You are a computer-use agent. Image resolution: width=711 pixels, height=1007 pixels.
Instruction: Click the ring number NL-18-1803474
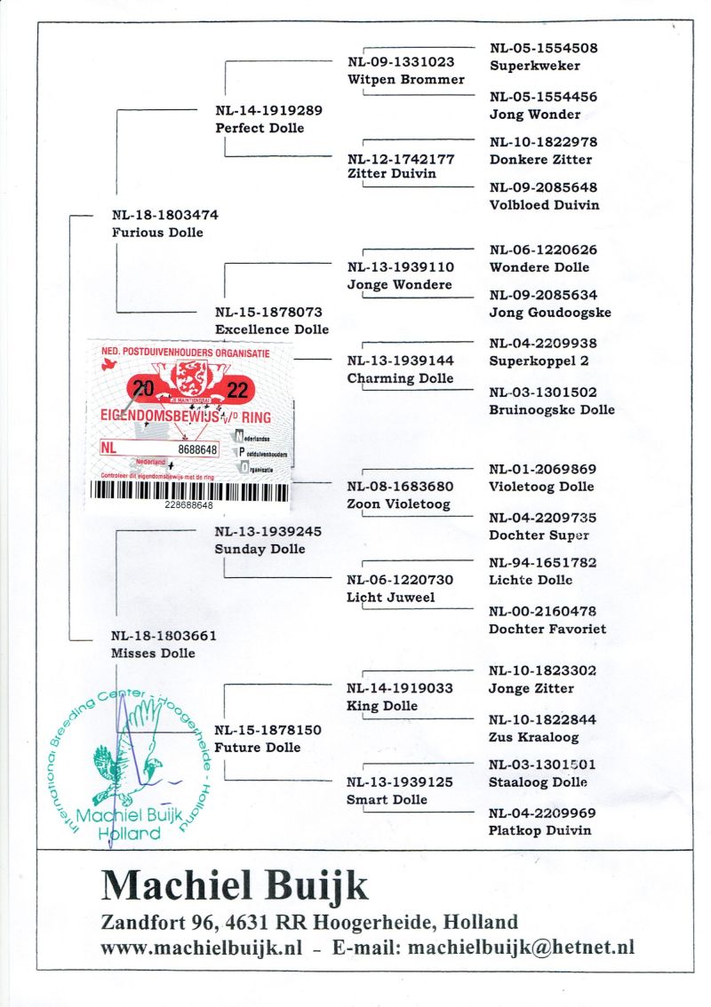(165, 215)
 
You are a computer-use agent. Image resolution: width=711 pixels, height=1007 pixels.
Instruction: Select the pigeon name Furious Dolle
(157, 233)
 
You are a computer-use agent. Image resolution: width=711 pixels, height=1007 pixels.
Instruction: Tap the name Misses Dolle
(153, 654)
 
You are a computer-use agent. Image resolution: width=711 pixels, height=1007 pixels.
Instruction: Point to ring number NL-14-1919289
(268, 111)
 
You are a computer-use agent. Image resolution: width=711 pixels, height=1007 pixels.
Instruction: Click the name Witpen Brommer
(405, 80)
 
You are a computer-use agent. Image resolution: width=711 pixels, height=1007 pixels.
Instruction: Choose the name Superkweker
(534, 66)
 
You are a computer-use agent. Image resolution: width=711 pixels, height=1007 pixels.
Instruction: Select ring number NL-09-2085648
(543, 187)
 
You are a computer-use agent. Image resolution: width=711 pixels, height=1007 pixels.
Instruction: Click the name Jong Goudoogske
(549, 313)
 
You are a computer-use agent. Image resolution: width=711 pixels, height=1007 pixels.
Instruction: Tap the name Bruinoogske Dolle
(551, 410)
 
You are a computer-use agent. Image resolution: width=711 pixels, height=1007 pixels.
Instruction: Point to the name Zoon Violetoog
(398, 504)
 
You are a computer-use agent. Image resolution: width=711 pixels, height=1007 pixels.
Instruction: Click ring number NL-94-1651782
(542, 563)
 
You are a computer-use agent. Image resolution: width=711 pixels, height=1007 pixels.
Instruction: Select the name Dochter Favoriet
(547, 630)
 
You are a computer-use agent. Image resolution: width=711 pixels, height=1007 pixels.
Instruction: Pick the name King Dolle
(382, 706)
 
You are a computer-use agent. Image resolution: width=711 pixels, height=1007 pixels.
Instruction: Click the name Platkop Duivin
(540, 831)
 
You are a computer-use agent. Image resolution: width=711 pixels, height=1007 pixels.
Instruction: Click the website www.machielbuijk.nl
(204, 948)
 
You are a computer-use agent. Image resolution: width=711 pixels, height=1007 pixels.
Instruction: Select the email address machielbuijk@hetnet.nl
(521, 948)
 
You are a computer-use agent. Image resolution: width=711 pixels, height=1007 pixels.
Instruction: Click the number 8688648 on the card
(197, 450)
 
